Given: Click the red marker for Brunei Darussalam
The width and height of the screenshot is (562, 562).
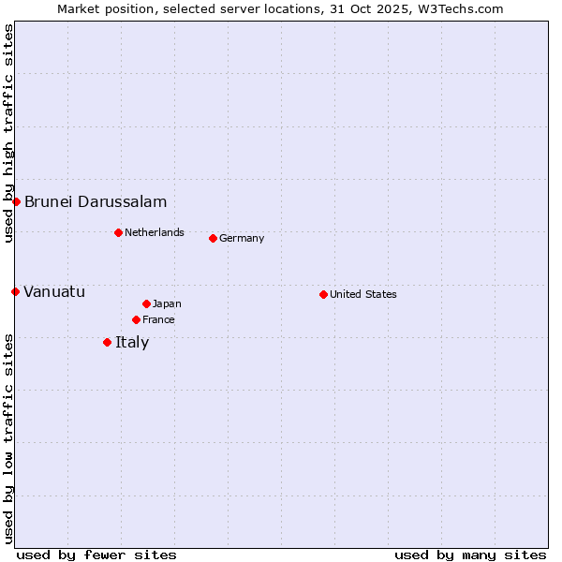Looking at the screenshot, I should [x=16, y=201].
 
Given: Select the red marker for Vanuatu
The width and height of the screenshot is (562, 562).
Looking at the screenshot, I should [x=15, y=291].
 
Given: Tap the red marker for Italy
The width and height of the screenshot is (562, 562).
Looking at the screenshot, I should [x=107, y=342].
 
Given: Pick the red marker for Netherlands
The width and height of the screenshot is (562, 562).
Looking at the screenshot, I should [x=118, y=232].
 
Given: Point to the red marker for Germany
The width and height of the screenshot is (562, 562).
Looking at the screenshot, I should [x=213, y=238].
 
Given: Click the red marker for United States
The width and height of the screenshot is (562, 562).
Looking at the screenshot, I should [x=323, y=294].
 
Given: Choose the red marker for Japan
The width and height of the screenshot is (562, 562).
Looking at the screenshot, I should [x=146, y=303].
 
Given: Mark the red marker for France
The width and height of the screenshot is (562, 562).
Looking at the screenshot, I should [x=136, y=319].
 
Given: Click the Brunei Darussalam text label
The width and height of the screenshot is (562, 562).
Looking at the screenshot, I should [x=96, y=201].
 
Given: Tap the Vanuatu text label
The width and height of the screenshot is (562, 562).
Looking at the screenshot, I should [x=54, y=291].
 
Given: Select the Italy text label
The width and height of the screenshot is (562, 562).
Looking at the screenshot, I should [x=132, y=342].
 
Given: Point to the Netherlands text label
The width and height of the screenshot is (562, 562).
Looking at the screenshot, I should [x=155, y=232].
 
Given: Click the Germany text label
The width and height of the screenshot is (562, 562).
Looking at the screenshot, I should [x=242, y=238].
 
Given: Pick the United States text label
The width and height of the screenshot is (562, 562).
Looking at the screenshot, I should [x=363, y=294].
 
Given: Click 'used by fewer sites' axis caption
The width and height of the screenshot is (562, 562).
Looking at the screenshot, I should [x=96, y=555].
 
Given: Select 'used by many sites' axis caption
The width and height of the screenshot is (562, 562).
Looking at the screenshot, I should [x=470, y=555].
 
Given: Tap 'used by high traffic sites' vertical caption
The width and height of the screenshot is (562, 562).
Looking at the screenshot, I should [x=8, y=133].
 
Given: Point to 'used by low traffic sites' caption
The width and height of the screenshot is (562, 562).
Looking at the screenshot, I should [x=8, y=437].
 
